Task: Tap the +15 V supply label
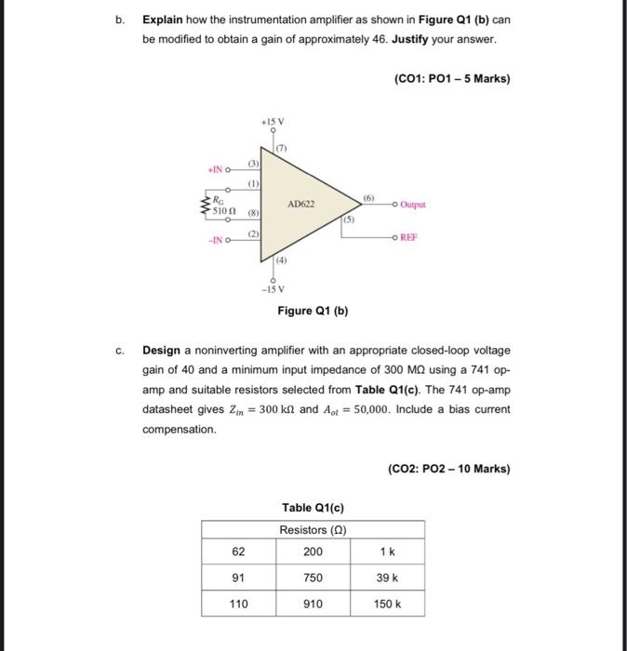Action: click(273, 122)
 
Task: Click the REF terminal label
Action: click(408, 237)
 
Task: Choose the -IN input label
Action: click(215, 242)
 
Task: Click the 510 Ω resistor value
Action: click(225, 211)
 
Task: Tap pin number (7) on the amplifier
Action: click(281, 148)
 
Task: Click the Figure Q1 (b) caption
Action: click(313, 311)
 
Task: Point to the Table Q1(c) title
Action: click(313, 508)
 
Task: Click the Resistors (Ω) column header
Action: click(313, 530)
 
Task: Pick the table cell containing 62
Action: click(238, 551)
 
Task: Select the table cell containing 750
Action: click(313, 578)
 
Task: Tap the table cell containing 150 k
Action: click(387, 604)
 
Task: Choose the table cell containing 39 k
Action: click(387, 578)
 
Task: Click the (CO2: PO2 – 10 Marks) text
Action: click(448, 469)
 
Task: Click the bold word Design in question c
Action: click(163, 351)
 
